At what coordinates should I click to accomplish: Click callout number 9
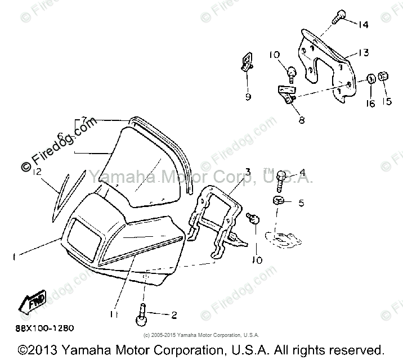coord(248,97)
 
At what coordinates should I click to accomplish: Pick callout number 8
coord(302,119)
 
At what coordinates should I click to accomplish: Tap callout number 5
coord(301,202)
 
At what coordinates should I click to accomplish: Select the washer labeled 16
coord(370,78)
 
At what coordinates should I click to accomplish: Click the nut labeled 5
coord(277,200)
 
